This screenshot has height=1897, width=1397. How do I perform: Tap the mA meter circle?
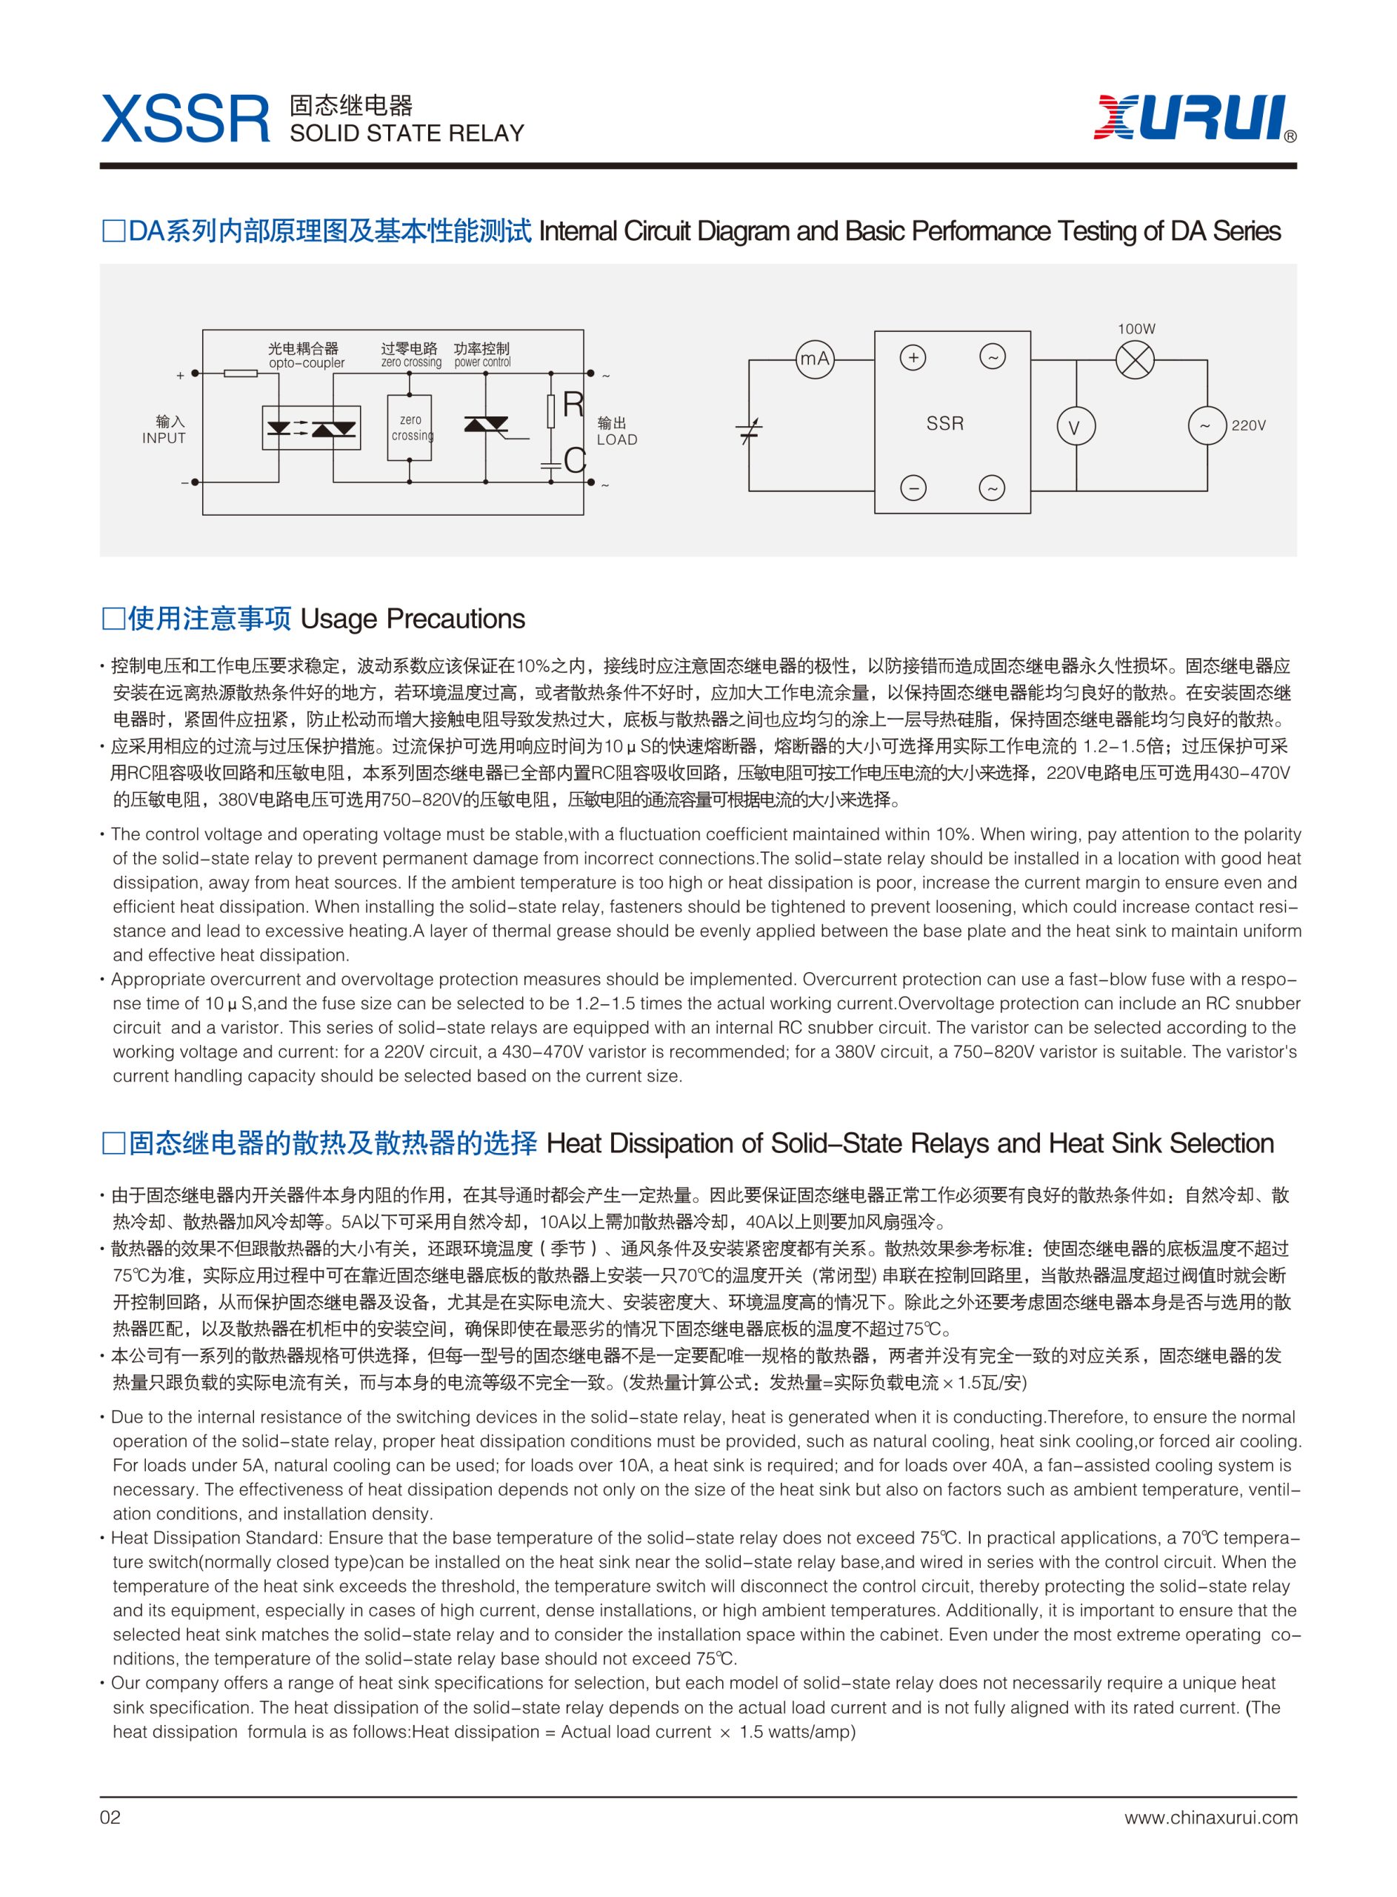814,359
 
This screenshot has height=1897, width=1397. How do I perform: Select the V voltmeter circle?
1076,427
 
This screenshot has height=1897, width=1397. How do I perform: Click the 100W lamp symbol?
1135,359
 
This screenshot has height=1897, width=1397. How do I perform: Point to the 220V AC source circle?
1207,425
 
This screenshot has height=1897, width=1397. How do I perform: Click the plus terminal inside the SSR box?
913,358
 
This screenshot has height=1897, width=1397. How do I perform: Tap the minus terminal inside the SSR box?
913,488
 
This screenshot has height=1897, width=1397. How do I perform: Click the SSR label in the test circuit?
944,424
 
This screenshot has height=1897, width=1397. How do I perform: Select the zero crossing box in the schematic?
410,428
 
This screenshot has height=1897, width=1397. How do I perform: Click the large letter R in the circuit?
573,405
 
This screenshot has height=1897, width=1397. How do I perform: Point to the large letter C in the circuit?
575,461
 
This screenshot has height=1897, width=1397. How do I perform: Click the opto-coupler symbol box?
311,428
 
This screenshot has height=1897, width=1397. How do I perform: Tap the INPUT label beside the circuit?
163,438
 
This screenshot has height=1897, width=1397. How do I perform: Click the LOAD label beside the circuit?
616,439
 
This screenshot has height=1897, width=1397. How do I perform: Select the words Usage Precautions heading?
412,619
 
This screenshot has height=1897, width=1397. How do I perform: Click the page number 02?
110,1818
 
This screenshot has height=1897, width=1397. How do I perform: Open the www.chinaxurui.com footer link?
1210,1818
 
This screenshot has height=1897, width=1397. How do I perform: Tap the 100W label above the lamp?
1136,329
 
